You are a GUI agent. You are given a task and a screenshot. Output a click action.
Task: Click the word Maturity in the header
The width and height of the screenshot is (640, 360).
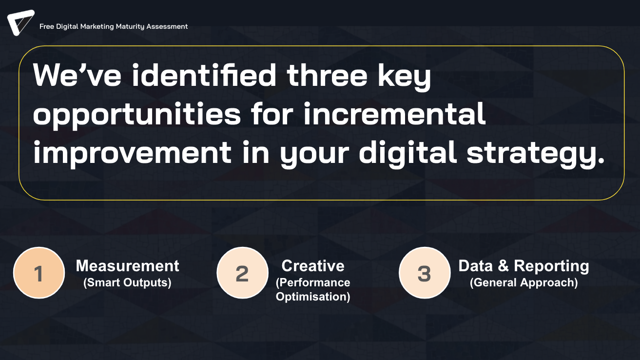pos(130,27)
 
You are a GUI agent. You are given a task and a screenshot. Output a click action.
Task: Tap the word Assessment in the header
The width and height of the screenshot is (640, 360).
pos(167,26)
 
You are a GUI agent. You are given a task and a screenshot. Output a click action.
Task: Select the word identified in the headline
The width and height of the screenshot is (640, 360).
pos(204,75)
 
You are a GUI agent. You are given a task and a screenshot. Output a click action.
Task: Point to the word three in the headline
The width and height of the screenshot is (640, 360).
pos(327,75)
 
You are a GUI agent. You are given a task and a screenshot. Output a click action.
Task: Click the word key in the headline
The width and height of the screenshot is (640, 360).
pos(404,77)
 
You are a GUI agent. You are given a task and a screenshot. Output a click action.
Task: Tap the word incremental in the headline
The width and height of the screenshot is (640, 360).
pos(394,114)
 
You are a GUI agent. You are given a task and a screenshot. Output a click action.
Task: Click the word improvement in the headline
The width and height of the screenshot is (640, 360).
pos(132,154)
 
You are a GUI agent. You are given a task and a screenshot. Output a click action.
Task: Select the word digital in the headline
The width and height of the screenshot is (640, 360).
pos(407,153)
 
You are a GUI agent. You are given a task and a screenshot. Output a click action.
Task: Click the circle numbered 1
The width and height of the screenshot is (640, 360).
pos(39,273)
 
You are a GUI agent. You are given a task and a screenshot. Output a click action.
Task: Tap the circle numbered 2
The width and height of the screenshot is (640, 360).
pos(242,273)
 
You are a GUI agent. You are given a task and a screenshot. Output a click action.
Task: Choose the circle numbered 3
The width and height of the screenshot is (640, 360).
pos(425,273)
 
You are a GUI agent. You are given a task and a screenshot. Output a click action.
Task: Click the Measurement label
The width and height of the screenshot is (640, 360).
pos(127,266)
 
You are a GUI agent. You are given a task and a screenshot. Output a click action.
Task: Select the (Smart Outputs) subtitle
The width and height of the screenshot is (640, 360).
pos(127,282)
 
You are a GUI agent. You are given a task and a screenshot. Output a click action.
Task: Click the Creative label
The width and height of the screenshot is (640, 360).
pos(313,266)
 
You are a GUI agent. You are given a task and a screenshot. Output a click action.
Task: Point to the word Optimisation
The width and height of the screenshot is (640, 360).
pos(313,297)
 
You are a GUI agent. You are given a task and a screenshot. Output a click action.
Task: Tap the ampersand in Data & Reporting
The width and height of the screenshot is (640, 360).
pos(504,266)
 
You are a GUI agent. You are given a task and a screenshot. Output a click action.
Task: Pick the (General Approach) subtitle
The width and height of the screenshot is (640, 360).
pos(524,282)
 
